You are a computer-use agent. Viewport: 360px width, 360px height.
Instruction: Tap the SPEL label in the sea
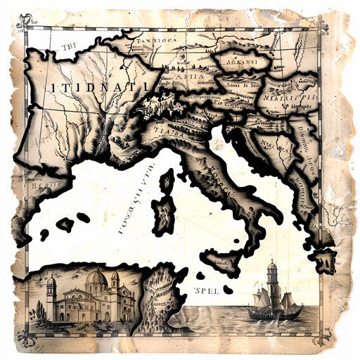(x=208, y=289)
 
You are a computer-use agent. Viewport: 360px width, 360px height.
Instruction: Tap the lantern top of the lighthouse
(x=272, y=266)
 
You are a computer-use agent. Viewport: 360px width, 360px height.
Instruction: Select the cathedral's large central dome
(x=96, y=282)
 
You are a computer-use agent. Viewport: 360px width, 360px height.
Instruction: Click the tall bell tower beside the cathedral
(x=51, y=295)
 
